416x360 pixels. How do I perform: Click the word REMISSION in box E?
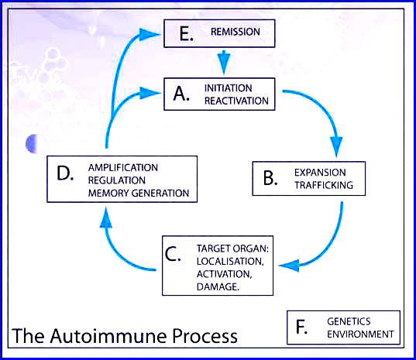tap(236, 32)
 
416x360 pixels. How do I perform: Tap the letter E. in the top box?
tap(186, 33)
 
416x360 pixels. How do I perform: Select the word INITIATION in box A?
tap(229, 88)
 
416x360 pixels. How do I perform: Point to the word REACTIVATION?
tap(236, 101)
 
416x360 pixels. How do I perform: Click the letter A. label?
tap(181, 94)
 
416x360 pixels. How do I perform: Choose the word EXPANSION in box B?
tap(320, 173)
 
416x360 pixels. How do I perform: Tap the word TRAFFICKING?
tap(324, 185)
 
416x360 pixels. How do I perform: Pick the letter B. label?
tap(270, 178)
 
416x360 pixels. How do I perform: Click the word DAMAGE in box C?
tap(218, 286)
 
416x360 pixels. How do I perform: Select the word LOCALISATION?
tap(230, 262)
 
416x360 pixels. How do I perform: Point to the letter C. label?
tap(173, 254)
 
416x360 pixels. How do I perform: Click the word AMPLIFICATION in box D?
tap(123, 167)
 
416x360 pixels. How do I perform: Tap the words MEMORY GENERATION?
tap(139, 194)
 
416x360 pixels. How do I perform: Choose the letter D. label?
tap(65, 173)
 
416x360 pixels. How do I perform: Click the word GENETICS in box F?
tap(349, 321)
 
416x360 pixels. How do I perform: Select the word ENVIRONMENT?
tap(360, 334)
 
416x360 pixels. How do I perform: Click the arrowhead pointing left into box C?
tap(289, 266)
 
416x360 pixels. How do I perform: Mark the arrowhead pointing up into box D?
tap(106, 218)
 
